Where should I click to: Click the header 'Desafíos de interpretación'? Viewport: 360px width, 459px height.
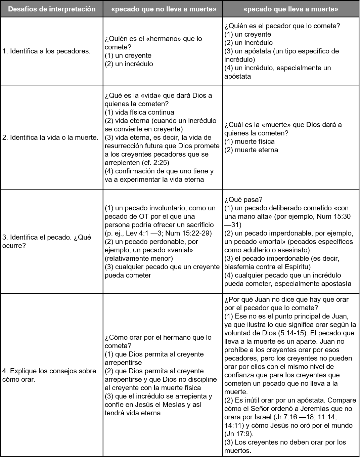coord(52,9)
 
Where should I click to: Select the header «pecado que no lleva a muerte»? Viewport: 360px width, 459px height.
coord(163,9)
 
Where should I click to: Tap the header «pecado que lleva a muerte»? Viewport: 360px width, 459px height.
coord(291,9)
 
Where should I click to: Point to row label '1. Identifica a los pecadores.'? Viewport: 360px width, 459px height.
coord(46,51)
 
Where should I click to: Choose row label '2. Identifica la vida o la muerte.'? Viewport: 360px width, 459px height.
coord(50,137)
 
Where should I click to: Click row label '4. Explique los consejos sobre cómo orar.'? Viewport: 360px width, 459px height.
coord(49,375)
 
